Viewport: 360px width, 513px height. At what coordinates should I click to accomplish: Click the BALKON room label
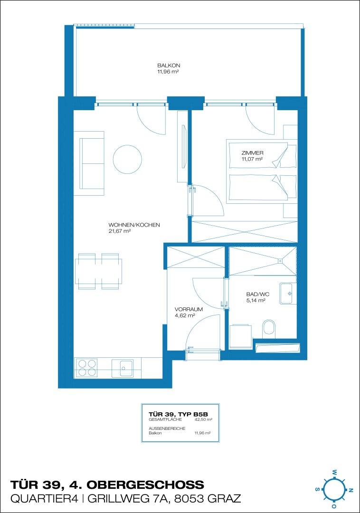click(x=169, y=66)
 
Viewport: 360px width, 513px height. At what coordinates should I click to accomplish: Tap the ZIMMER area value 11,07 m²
click(x=252, y=159)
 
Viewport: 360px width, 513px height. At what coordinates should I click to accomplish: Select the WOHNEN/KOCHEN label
click(x=134, y=225)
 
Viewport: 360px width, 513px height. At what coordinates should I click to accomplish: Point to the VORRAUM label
click(x=189, y=309)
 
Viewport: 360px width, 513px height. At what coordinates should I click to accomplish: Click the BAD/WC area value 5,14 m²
click(x=256, y=300)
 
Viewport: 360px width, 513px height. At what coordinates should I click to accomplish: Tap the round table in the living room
click(x=128, y=159)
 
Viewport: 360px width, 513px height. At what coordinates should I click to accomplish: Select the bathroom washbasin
click(x=288, y=294)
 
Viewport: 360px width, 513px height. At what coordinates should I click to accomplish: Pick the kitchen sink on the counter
click(x=123, y=369)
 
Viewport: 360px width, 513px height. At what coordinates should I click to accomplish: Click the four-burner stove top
click(x=86, y=368)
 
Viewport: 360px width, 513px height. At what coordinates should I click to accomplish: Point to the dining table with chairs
click(x=98, y=271)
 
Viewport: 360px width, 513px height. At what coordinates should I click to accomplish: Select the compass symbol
click(x=333, y=489)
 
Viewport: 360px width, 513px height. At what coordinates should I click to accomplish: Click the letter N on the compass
click(x=351, y=490)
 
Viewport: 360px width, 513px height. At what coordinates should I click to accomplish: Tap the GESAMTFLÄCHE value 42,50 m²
click(x=203, y=419)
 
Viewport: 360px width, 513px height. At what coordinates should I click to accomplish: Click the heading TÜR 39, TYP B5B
click(x=178, y=414)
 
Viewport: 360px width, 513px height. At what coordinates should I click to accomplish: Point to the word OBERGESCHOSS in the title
click(x=145, y=484)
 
